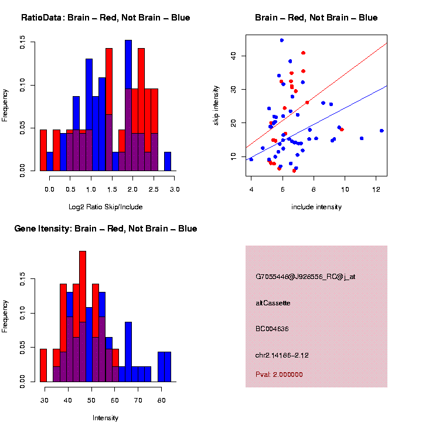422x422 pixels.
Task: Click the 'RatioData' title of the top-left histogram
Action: pyautogui.click(x=105, y=18)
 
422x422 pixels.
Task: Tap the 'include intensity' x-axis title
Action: pyautogui.click(x=316, y=207)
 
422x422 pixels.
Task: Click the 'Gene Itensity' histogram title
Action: pyautogui.click(x=105, y=229)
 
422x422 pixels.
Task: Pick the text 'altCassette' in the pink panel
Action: pyautogui.click(x=273, y=303)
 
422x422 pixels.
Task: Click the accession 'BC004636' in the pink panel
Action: pyautogui.click(x=272, y=329)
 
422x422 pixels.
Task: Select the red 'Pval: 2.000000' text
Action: pyautogui.click(x=280, y=375)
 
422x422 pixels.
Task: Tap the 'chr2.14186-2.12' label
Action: pyautogui.click(x=282, y=355)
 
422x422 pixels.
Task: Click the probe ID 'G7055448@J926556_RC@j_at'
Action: pyautogui.click(x=305, y=277)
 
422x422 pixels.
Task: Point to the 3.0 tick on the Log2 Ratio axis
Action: pyautogui.click(x=175, y=189)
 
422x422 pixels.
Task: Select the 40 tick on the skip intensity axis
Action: pyautogui.click(x=233, y=56)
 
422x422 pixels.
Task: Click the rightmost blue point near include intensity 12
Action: pyautogui.click(x=382, y=131)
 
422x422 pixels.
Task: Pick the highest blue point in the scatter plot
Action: pyautogui.click(x=282, y=40)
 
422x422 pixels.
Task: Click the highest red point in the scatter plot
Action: pyautogui.click(x=303, y=53)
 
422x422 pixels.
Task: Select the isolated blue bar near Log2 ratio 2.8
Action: pyautogui.click(x=168, y=162)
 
